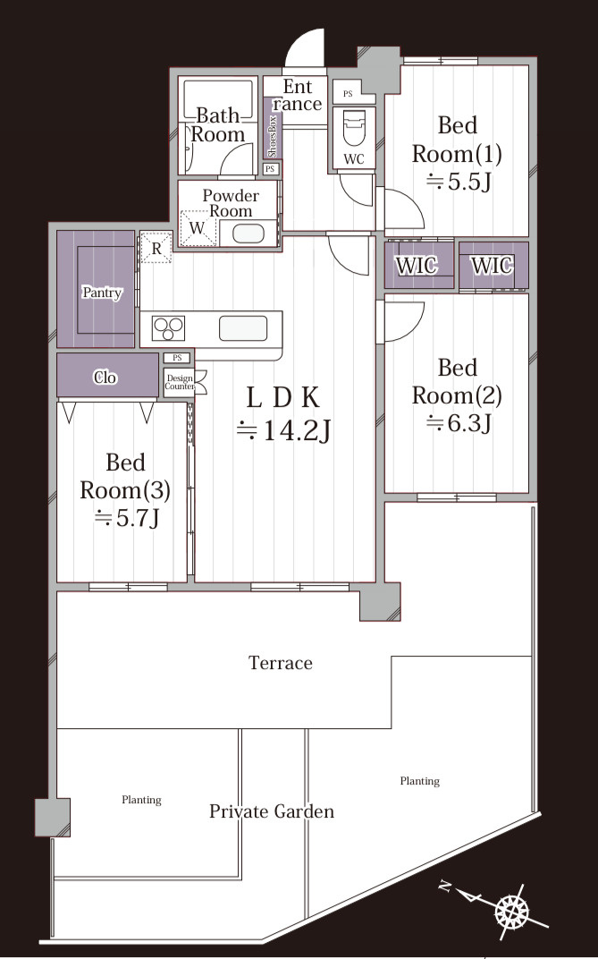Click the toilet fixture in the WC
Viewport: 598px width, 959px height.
[x=354, y=128]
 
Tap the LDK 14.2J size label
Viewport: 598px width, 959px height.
[x=283, y=430]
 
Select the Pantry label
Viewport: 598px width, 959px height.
[x=102, y=293]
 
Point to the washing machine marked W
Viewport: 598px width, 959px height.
[x=198, y=228]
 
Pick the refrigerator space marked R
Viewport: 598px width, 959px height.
[x=156, y=249]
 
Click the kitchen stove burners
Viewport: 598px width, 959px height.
[x=169, y=328]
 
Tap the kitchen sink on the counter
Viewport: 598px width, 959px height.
[x=243, y=327]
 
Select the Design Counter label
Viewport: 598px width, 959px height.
[x=180, y=382]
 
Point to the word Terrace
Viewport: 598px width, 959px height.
[x=281, y=662]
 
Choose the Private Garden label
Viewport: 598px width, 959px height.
[x=272, y=811]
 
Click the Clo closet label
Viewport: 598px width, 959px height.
[x=105, y=378]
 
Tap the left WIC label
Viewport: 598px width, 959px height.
[x=417, y=266]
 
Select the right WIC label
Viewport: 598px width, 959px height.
[x=493, y=266]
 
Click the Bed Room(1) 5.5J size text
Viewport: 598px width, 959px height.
[x=459, y=182]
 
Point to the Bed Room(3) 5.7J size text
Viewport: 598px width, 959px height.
[x=126, y=519]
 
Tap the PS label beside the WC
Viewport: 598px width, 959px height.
[x=348, y=94]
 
